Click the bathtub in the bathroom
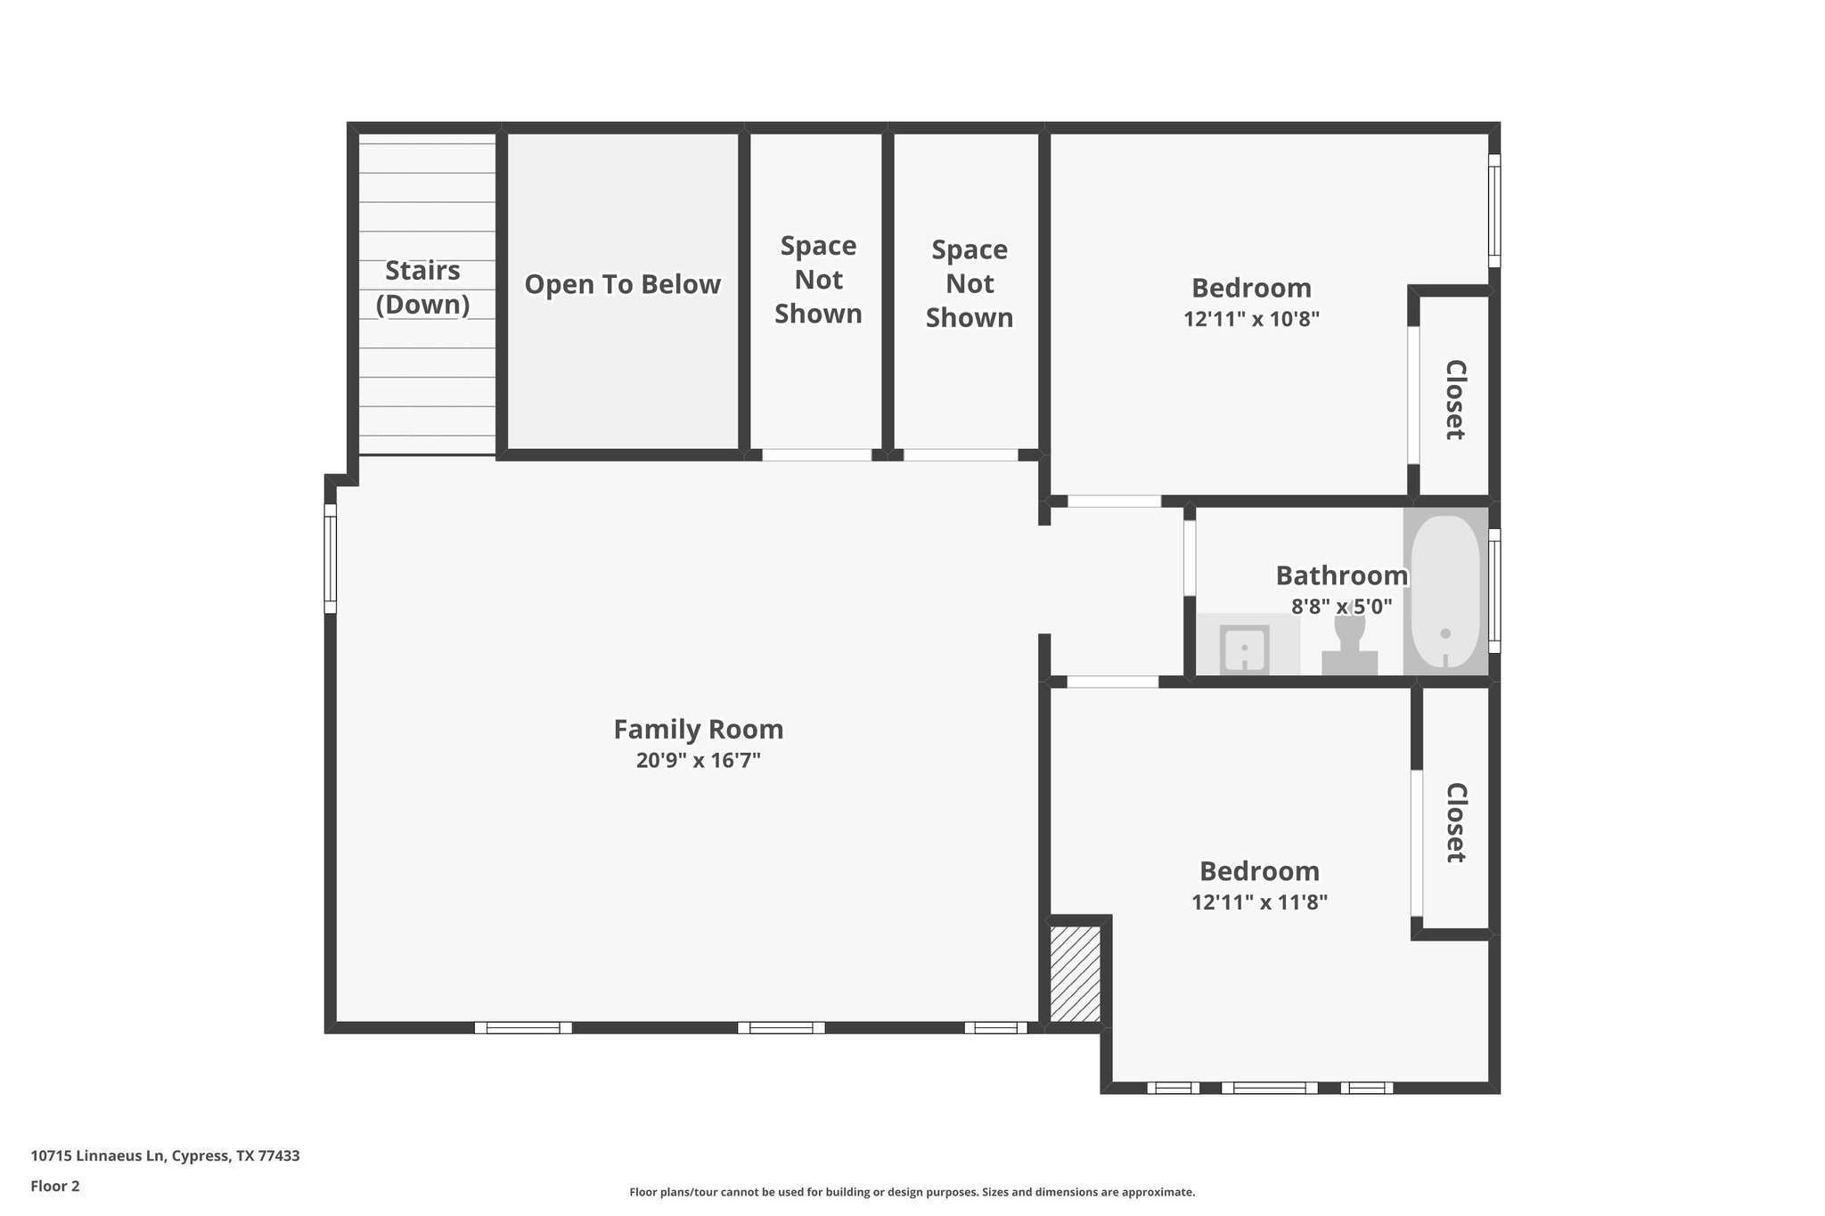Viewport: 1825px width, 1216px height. click(1444, 592)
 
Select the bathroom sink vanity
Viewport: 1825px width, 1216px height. click(1245, 648)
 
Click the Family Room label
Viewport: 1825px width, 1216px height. click(698, 730)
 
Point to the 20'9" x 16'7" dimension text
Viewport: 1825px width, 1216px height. click(698, 761)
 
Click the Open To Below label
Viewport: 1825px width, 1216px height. click(622, 284)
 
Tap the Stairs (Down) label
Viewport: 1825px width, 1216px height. click(422, 287)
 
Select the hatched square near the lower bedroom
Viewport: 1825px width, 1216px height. click(1075, 974)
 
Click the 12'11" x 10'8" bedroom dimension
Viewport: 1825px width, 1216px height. click(1251, 319)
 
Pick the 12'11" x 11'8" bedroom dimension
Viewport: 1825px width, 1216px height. click(1259, 902)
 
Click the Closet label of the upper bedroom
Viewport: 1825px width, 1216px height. click(1454, 399)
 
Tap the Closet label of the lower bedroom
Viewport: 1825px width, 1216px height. click(1454, 822)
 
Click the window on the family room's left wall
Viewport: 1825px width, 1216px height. click(330, 559)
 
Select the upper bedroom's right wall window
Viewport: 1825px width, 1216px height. click(1494, 210)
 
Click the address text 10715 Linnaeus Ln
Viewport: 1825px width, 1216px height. click(165, 1156)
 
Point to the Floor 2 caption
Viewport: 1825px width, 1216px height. click(55, 1186)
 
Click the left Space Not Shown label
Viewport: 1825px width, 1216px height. click(818, 280)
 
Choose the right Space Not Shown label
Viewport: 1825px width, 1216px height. click(970, 283)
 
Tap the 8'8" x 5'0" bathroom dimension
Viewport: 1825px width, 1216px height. click(1341, 607)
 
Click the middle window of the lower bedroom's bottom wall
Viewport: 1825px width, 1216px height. click(1269, 1088)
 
